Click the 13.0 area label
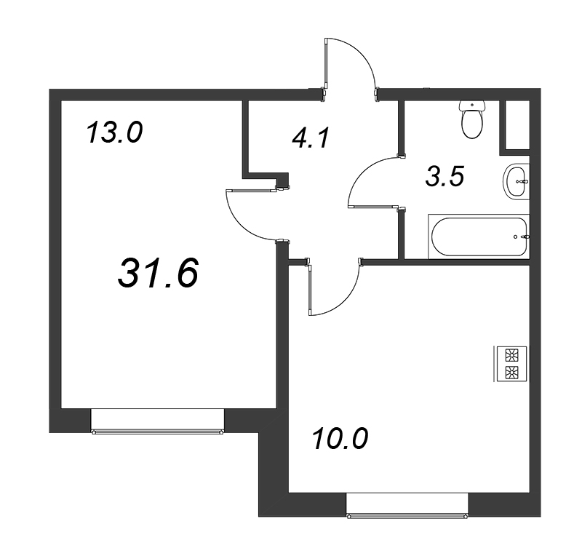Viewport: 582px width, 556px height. [114, 133]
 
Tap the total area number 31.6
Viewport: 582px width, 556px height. [158, 274]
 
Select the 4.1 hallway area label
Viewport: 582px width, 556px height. [311, 138]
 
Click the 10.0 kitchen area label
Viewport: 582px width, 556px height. [340, 439]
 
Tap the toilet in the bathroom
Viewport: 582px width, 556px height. [472, 119]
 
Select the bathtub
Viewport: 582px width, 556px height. [479, 237]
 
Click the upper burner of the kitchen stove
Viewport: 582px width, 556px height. [512, 355]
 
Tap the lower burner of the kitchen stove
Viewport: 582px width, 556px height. [512, 372]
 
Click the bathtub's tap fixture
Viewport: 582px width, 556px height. [525, 237]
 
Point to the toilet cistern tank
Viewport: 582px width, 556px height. [472, 106]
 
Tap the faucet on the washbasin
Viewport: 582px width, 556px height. [524, 182]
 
